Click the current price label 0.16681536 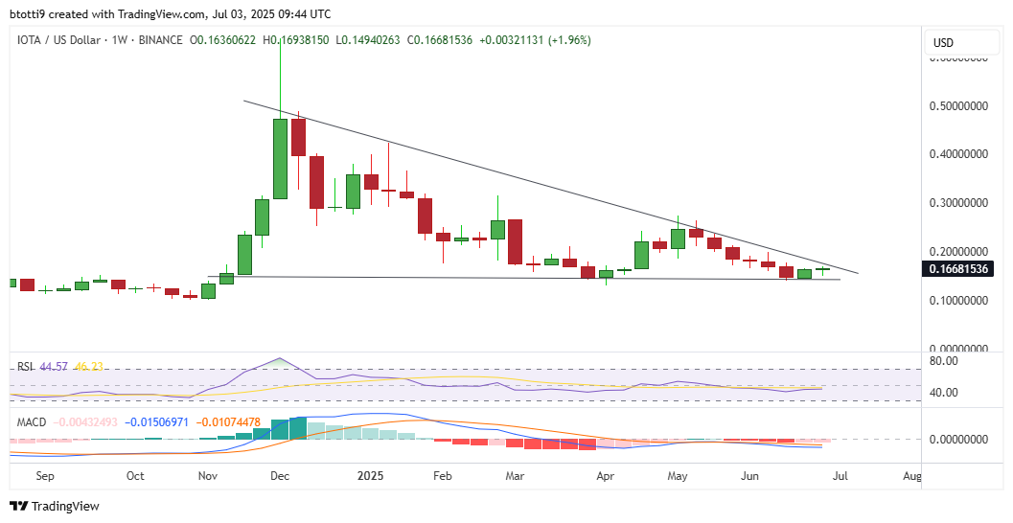(959, 269)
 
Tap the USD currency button (943, 42)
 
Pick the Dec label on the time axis (281, 475)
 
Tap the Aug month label (913, 475)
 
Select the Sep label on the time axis (45, 475)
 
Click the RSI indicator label (23, 366)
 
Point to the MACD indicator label (30, 421)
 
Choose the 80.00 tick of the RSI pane (944, 361)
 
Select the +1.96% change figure (568, 40)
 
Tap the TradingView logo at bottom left (55, 506)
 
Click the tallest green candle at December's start (280, 158)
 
